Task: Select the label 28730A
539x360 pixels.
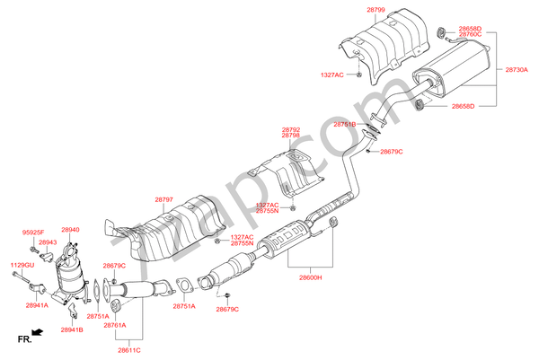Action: tap(517, 69)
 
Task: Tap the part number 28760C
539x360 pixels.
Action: tap(464, 34)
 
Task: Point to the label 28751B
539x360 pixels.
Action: tap(345, 124)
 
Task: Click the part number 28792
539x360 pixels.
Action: tap(290, 129)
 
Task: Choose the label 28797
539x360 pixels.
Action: tap(163, 199)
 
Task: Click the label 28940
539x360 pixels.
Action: tap(70, 230)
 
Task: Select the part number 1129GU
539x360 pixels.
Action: tap(22, 265)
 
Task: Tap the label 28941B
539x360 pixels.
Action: tap(72, 329)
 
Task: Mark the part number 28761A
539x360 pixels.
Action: tap(115, 325)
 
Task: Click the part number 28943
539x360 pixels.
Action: tap(48, 242)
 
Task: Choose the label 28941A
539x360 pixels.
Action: tap(37, 306)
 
